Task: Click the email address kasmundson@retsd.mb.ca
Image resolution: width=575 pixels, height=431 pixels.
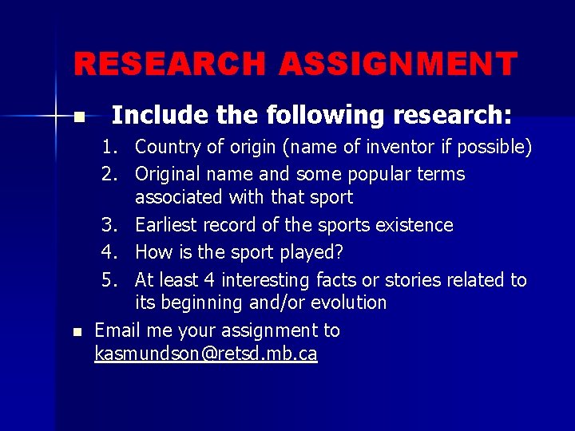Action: point(205,354)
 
